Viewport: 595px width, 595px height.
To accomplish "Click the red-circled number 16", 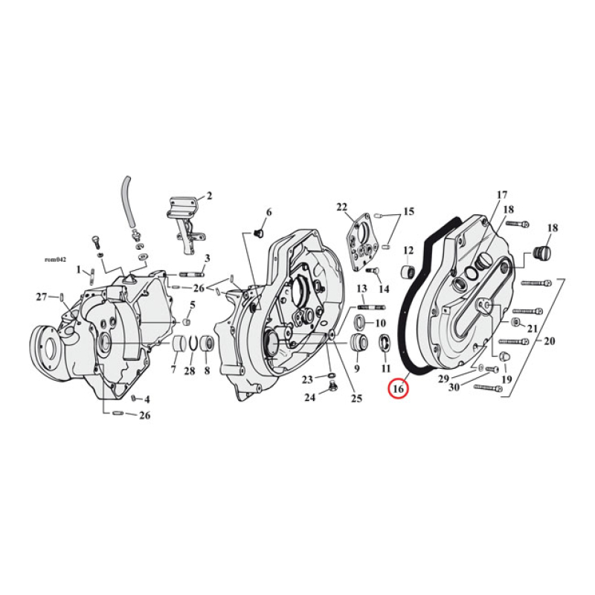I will pyautogui.click(x=398, y=387).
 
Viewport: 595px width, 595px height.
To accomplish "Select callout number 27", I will pyautogui.click(x=42, y=297).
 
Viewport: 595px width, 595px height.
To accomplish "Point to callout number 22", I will pyautogui.click(x=342, y=207).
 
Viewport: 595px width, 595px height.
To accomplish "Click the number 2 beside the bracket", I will pyautogui.click(x=209, y=196).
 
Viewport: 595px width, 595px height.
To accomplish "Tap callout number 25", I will pyautogui.click(x=356, y=399).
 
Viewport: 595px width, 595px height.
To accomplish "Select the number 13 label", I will pyautogui.click(x=362, y=288).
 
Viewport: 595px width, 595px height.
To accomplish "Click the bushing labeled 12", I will pyautogui.click(x=408, y=272).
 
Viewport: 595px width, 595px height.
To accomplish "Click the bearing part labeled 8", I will pyautogui.click(x=208, y=346).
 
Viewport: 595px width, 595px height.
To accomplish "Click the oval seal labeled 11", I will pyautogui.click(x=385, y=344).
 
